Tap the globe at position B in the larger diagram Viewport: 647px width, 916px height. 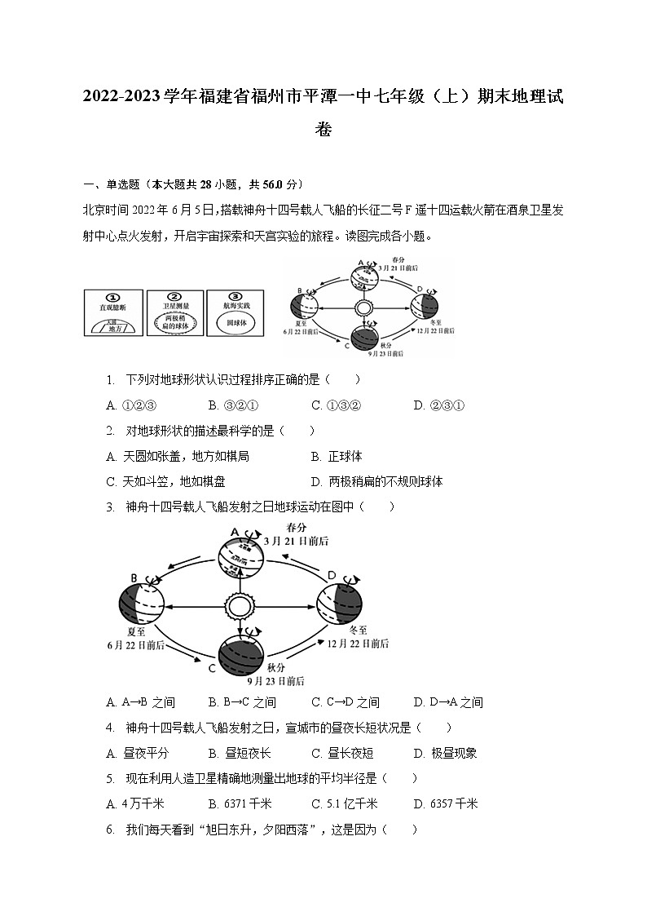[142, 605]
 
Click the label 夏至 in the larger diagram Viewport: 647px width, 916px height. [136, 631]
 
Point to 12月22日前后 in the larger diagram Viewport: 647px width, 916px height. [359, 644]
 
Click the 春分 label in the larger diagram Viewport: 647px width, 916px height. [297, 528]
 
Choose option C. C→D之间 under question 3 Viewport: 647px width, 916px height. [346, 702]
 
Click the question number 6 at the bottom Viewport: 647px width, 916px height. [110, 830]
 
